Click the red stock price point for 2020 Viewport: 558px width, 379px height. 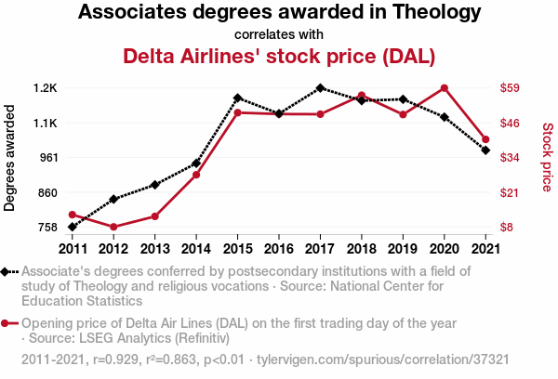[x=445, y=88]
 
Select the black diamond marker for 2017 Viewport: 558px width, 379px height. [x=320, y=88]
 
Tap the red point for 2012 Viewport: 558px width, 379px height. [x=113, y=227]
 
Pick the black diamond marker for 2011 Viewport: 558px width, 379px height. [x=72, y=227]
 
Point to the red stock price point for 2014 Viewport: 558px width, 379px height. [x=196, y=175]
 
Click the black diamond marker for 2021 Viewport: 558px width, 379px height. [x=485, y=150]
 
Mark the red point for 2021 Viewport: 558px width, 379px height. [x=485, y=139]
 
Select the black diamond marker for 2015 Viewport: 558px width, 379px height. [x=237, y=98]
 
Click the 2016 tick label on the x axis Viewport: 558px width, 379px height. [x=279, y=248]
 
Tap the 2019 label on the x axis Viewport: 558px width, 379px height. [x=403, y=248]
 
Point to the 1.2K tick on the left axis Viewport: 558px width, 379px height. [x=45, y=88]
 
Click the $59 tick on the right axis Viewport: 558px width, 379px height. [x=510, y=88]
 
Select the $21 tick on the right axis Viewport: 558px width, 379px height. [x=510, y=192]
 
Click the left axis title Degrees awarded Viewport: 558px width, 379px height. [x=10, y=158]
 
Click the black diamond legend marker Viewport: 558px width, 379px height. [x=7, y=272]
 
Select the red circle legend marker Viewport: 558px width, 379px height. [x=7, y=323]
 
